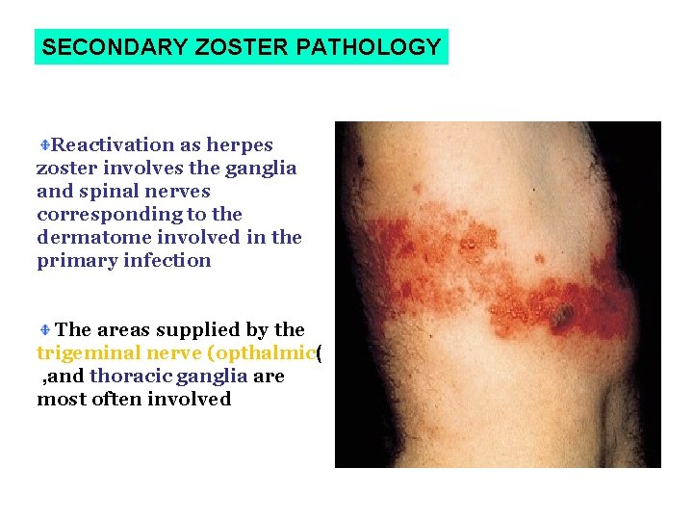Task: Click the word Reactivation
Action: tap(114, 145)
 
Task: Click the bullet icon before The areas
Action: tap(44, 330)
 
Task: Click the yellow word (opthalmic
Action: tap(259, 353)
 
